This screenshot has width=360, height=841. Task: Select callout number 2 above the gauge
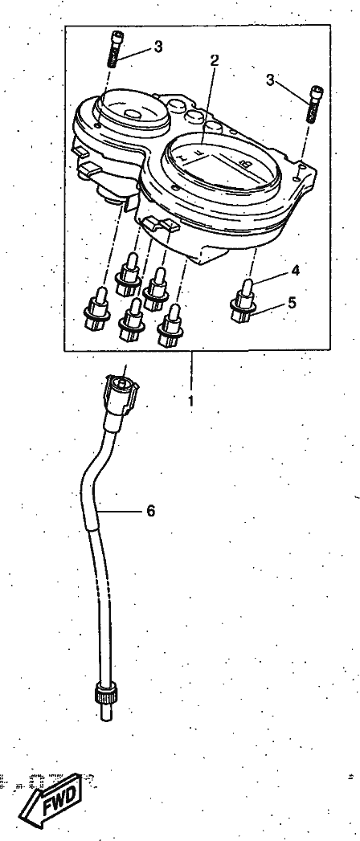(x=214, y=60)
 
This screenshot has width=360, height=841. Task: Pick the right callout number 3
(x=271, y=80)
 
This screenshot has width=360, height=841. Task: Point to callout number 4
(x=295, y=270)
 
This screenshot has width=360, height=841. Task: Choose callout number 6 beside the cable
(x=151, y=511)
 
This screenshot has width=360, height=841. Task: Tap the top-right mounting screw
(x=315, y=104)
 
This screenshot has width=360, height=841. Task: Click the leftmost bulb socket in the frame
(x=98, y=311)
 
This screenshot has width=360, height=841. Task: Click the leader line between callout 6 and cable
(x=121, y=511)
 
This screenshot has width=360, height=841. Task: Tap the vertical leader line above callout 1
(x=190, y=369)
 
